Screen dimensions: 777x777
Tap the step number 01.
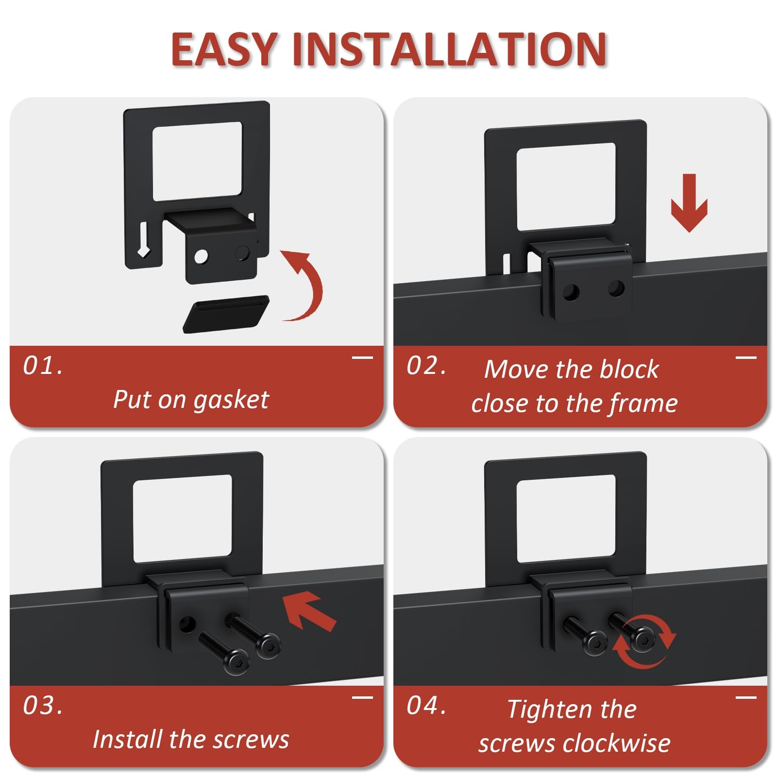point(43,366)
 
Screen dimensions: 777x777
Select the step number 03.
point(43,706)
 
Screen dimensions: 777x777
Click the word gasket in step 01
point(231,400)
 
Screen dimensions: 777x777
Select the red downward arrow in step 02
point(689,203)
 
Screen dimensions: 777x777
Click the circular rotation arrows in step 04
point(644,641)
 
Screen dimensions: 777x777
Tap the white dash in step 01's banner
point(362,358)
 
